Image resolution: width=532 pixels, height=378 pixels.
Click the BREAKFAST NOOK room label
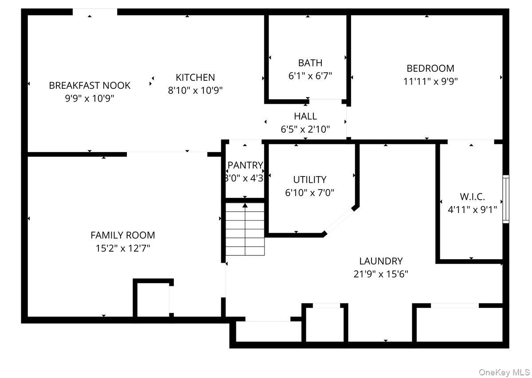click(90, 85)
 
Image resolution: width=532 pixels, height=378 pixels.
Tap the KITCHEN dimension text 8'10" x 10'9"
click(195, 91)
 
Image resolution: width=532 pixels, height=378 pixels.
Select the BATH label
click(310, 63)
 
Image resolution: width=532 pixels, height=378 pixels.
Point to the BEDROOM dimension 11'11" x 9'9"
click(430, 81)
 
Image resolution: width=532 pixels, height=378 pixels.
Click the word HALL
click(305, 116)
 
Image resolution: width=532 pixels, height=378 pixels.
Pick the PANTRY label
click(245, 165)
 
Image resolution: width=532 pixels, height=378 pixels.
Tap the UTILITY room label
click(310, 180)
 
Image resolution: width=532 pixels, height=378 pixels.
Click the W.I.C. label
click(472, 197)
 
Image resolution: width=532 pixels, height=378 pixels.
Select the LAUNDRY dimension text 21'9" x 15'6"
click(381, 274)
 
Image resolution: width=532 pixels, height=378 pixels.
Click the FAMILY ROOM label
click(123, 235)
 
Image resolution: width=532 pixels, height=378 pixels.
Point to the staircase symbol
click(245, 229)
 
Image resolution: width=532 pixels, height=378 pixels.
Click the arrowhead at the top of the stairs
click(245, 205)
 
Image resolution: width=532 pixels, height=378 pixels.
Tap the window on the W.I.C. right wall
click(506, 199)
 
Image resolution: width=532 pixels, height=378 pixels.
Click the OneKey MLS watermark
click(504, 372)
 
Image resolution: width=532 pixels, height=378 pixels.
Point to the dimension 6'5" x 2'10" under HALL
click(305, 130)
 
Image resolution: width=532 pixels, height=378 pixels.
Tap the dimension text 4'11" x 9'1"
click(472, 210)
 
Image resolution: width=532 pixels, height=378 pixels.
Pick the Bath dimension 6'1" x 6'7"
click(310, 76)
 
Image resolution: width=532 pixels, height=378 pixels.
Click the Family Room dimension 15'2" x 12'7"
click(123, 248)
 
